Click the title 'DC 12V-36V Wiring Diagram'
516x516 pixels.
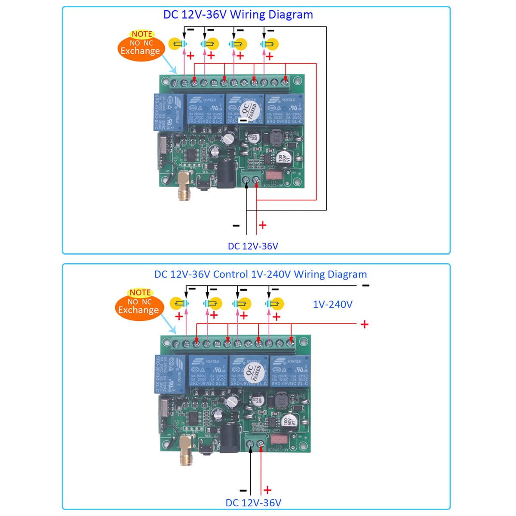[238, 15]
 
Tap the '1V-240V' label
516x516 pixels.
[332, 304]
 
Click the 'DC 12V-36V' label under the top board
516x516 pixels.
[253, 246]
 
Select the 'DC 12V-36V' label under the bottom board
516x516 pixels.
[253, 502]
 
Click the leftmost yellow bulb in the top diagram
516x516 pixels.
[178, 44]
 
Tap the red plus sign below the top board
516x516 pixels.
[262, 225]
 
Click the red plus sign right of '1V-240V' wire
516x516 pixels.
[365, 324]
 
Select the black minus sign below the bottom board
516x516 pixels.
[243, 490]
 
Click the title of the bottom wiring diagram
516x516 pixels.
[261, 274]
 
